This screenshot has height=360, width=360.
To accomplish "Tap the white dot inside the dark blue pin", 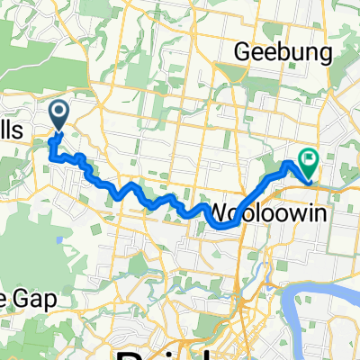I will pyautogui.click(x=59, y=112).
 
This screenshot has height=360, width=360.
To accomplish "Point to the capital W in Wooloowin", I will pyautogui.click(x=220, y=212).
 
